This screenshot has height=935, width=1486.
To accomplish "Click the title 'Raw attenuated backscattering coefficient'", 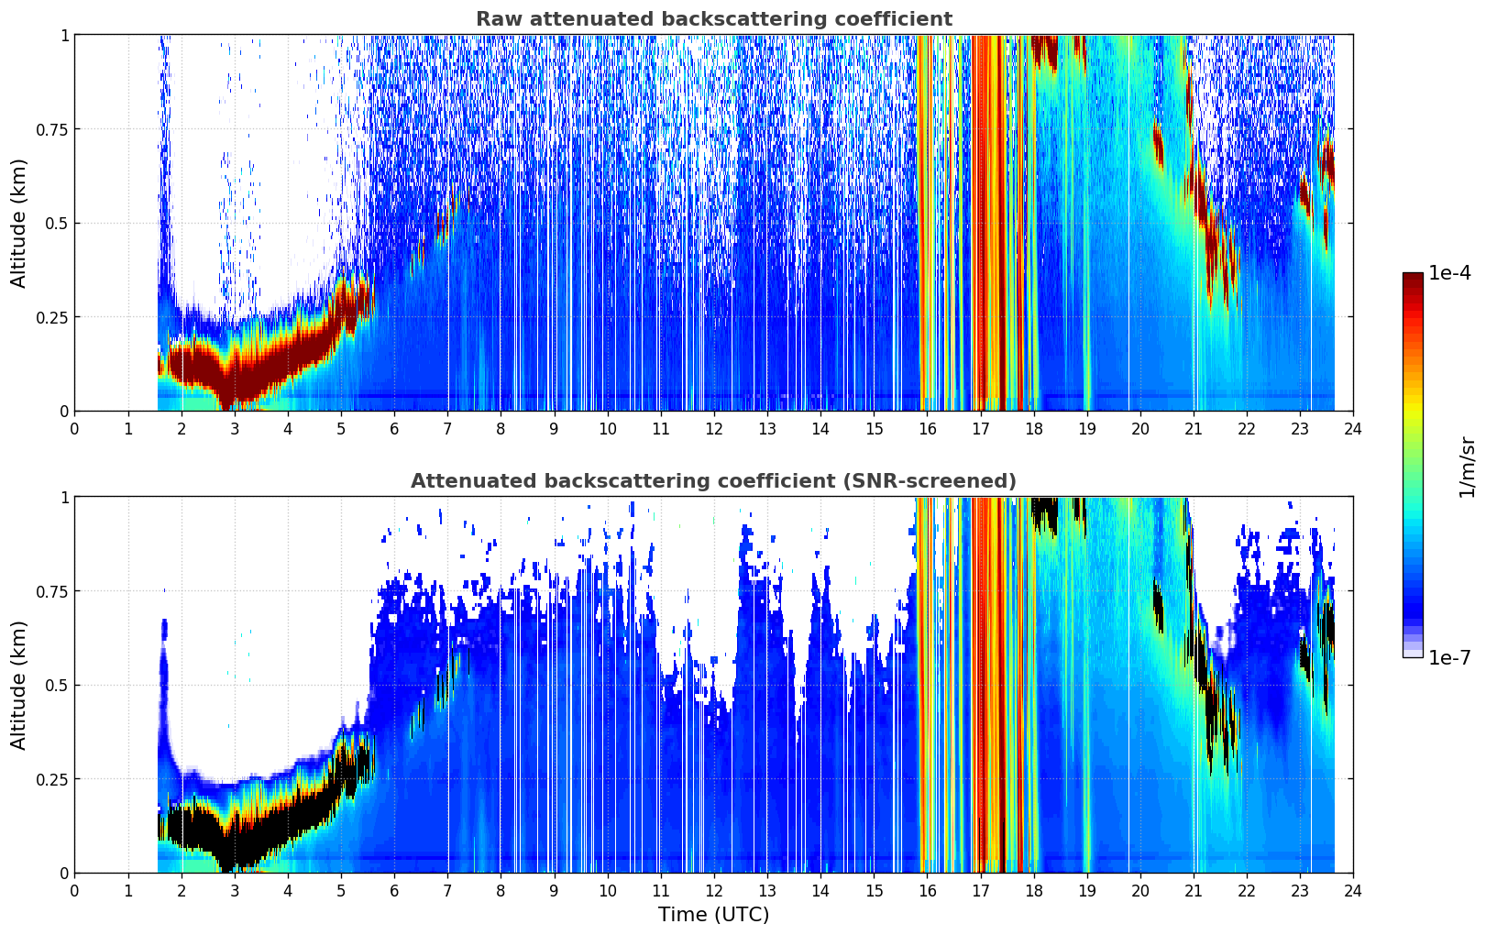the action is (x=714, y=19).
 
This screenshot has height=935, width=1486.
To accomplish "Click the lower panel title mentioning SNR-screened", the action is (x=714, y=480).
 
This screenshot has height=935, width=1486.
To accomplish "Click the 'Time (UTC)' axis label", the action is (x=714, y=915).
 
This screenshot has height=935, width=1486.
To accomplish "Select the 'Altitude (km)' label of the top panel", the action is (x=18, y=224).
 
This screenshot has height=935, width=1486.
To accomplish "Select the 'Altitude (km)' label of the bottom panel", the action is (x=18, y=686).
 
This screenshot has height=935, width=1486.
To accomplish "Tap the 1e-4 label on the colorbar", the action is (x=1449, y=272).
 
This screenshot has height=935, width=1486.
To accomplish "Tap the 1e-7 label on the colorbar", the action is (x=1449, y=658).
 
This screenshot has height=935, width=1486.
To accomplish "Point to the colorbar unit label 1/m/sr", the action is (x=1467, y=467).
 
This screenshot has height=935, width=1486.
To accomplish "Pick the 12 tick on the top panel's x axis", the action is (x=714, y=429).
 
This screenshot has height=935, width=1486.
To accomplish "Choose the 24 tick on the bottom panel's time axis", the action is (x=1353, y=891).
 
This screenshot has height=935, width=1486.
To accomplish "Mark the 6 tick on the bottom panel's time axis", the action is (x=394, y=891).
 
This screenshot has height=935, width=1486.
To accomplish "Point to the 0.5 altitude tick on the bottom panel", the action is (x=57, y=685).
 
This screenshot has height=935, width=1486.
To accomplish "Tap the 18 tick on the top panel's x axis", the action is (x=1033, y=429).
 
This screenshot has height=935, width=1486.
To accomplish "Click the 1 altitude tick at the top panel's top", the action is (x=65, y=35).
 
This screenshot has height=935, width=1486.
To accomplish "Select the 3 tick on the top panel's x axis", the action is (x=234, y=429).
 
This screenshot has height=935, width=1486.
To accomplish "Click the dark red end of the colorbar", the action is (x=1413, y=276).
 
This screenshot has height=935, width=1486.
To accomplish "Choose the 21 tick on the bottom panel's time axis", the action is (x=1194, y=891).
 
